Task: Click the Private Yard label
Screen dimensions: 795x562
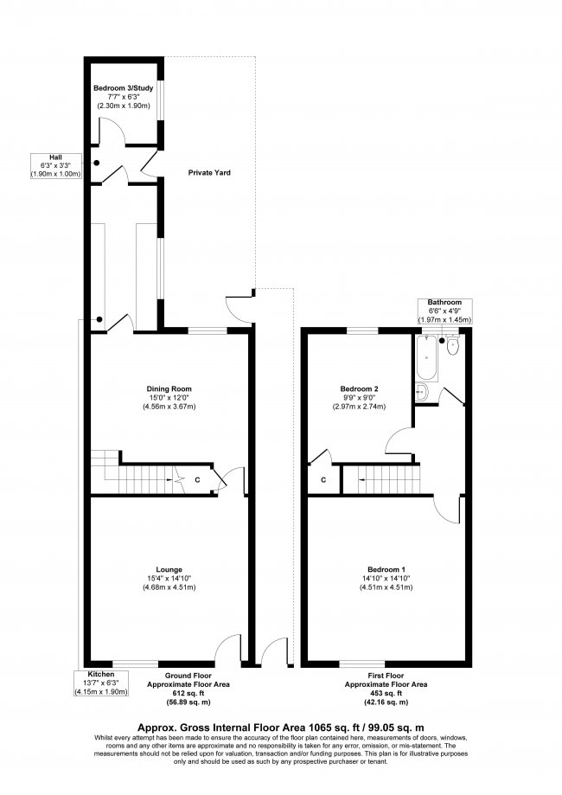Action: [209, 172]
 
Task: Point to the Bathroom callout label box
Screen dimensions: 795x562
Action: [444, 311]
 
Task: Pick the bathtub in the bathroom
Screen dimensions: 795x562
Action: [426, 360]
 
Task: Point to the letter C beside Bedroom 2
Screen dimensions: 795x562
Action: [323, 478]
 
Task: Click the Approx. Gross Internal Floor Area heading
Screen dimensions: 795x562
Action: [281, 728]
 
